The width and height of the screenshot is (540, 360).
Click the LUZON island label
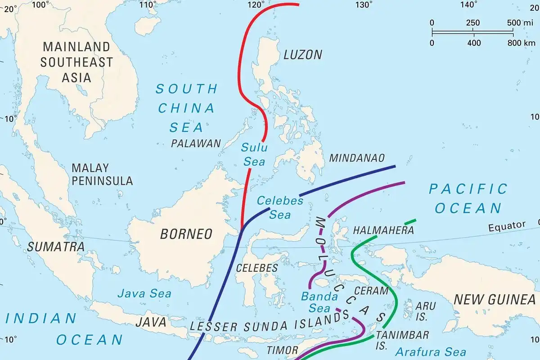(x=303, y=55)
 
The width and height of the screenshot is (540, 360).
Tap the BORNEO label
(x=186, y=234)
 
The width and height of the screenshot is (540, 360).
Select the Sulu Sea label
(x=254, y=154)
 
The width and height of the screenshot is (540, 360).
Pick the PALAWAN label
(x=196, y=144)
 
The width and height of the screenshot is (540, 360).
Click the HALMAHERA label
(x=384, y=230)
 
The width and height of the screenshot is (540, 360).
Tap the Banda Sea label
(x=319, y=302)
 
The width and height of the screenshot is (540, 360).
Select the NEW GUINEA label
(x=494, y=300)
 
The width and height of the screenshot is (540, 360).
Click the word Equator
(x=507, y=225)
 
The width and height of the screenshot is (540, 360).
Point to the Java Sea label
(x=144, y=294)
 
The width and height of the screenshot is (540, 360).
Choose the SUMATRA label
(x=56, y=247)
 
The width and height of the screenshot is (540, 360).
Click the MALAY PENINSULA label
(x=102, y=175)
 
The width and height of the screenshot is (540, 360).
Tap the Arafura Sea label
(x=431, y=351)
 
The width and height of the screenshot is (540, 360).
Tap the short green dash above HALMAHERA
(x=410, y=222)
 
